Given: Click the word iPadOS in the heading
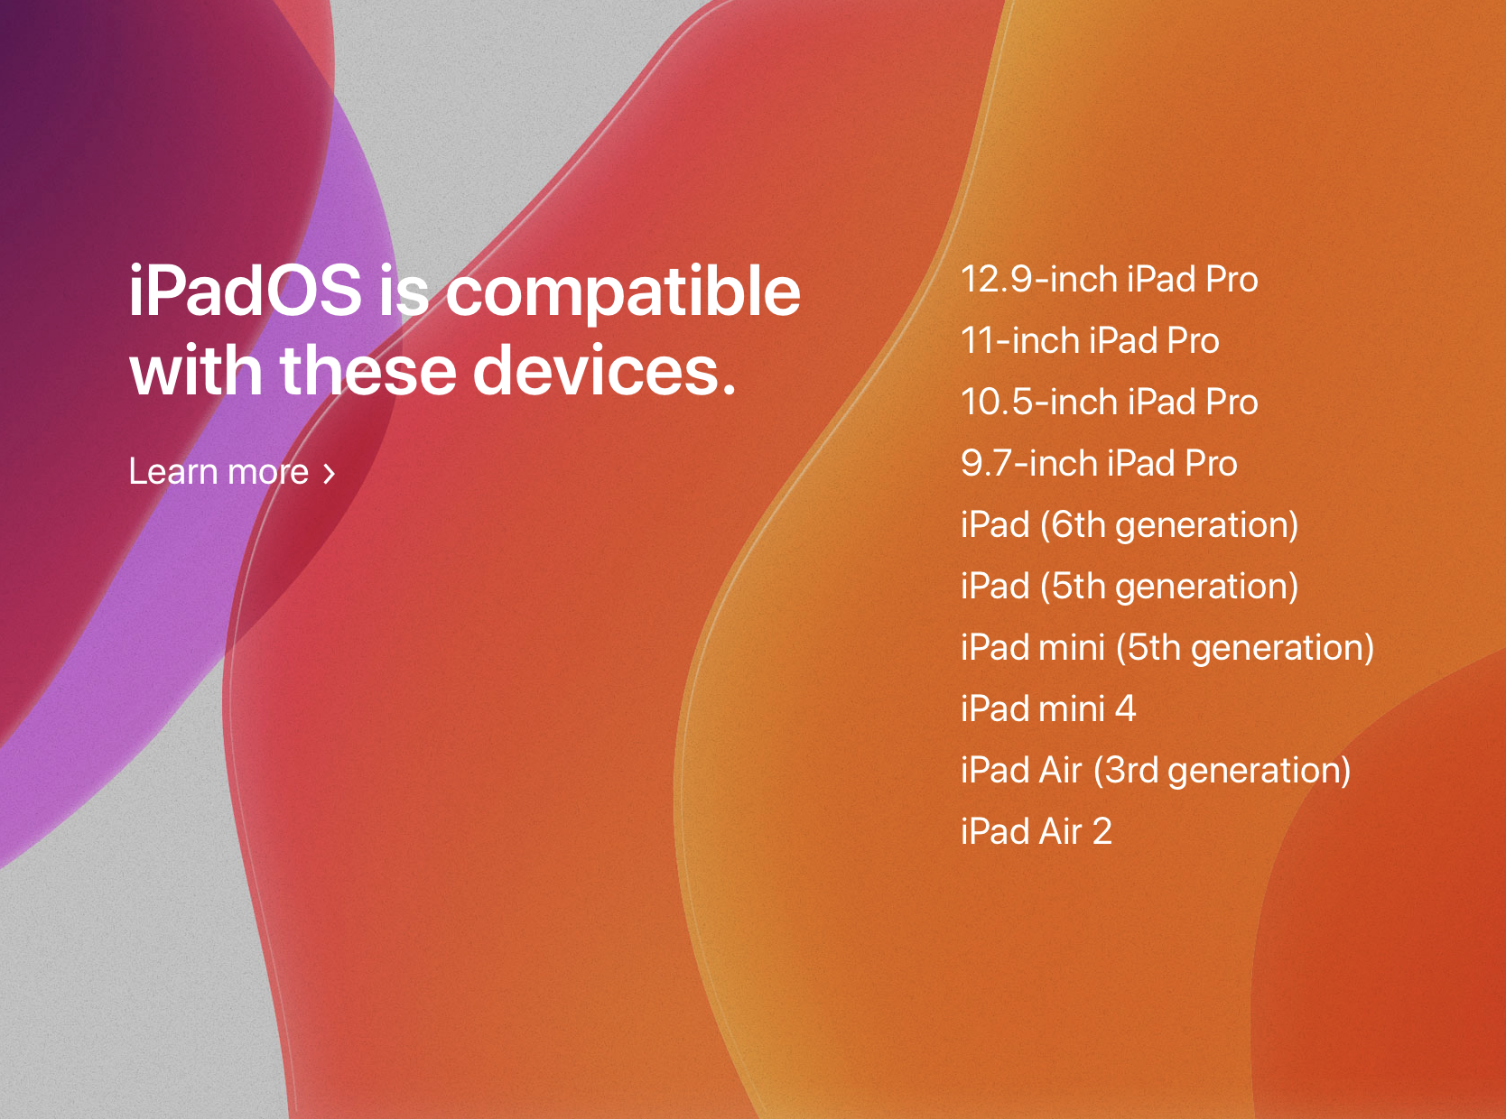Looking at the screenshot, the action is pos(245,291).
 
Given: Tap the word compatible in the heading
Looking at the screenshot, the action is pos(623,294).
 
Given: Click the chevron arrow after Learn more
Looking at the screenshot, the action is pos(330,474).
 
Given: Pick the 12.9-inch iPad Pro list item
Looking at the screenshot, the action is pos(1110,279).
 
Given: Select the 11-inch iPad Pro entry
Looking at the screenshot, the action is pos(1090,340).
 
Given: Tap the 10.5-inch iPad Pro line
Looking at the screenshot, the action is pos(1110,402).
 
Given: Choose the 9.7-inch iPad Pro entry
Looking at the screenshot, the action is pos(1100,463).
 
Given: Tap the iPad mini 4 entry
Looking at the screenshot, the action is pos(1048,708).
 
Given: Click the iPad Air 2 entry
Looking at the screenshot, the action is pos(1037,831).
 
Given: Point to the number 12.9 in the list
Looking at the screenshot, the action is pos(997,280).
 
